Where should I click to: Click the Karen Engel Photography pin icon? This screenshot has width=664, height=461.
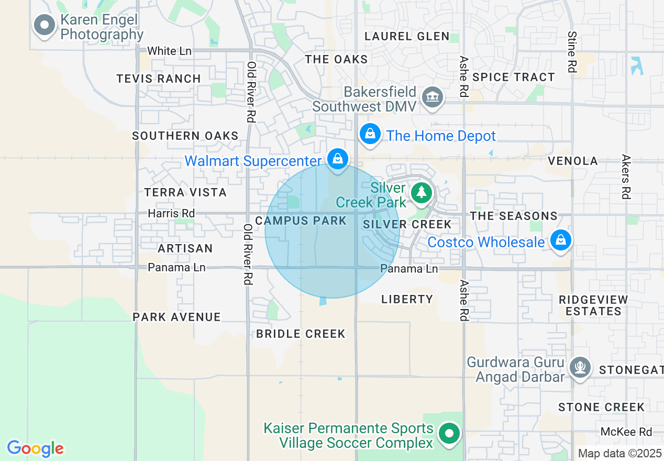tap(45, 25)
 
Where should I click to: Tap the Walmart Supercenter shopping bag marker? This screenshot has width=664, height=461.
tap(338, 158)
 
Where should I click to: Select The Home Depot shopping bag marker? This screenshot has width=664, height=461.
tap(370, 134)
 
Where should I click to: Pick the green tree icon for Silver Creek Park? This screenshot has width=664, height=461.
tap(421, 192)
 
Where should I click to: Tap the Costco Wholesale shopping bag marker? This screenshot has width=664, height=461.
tap(561, 240)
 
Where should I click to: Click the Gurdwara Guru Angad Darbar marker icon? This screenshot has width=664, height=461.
tap(580, 366)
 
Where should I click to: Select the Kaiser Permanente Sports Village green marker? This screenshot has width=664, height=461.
tap(449, 434)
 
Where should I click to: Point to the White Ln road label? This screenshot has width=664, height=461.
tap(170, 51)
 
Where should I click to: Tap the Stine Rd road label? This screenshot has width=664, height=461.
tap(572, 52)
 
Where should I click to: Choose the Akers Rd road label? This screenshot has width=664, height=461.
tap(626, 177)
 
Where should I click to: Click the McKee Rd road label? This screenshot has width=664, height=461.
tap(626, 432)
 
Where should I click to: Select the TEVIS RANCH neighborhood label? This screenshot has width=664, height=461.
tap(159, 79)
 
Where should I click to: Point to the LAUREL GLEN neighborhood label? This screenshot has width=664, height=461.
tap(407, 36)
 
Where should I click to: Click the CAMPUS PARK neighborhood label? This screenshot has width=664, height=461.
tap(301, 221)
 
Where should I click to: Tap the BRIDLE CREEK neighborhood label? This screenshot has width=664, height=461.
tap(301, 334)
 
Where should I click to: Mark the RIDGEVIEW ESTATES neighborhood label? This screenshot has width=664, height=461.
tap(593, 305)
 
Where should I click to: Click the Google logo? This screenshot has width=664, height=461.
tap(35, 448)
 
